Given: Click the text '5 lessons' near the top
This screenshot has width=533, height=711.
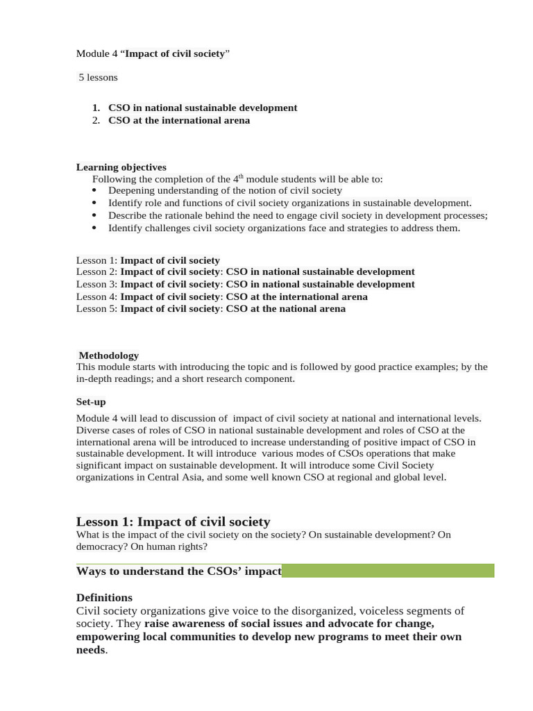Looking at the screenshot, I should pyautogui.click(x=98, y=77).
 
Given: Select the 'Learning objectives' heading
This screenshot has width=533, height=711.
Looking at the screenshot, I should pyautogui.click(x=121, y=167).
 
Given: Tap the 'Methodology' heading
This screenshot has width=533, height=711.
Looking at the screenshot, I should pyautogui.click(x=108, y=355).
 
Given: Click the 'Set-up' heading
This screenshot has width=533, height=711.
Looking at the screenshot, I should pyautogui.click(x=91, y=402).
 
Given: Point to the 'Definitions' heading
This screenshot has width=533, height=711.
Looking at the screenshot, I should pyautogui.click(x=104, y=598).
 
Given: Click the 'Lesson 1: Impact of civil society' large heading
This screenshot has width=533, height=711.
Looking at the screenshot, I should pyautogui.click(x=173, y=521).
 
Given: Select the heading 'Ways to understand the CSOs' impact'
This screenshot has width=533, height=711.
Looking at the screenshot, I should pyautogui.click(x=178, y=571).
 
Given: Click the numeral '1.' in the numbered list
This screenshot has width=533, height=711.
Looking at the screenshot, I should pyautogui.click(x=96, y=108).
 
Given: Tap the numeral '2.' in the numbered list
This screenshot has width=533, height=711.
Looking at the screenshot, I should pyautogui.click(x=96, y=120).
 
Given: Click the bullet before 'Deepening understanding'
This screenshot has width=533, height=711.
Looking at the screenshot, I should pyautogui.click(x=95, y=191).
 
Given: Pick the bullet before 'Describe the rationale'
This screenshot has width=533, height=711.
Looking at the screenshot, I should pyautogui.click(x=95, y=216).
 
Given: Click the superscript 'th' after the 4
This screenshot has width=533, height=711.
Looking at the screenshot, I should pyautogui.click(x=242, y=176).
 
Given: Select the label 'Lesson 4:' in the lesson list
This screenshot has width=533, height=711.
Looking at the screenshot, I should pyautogui.click(x=96, y=296).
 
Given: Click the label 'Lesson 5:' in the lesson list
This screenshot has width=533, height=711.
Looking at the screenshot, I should pyautogui.click(x=96, y=309).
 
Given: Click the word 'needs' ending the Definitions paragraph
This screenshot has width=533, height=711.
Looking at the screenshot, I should pyautogui.click(x=90, y=650).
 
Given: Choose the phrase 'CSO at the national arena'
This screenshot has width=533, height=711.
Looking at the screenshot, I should pyautogui.click(x=285, y=309).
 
